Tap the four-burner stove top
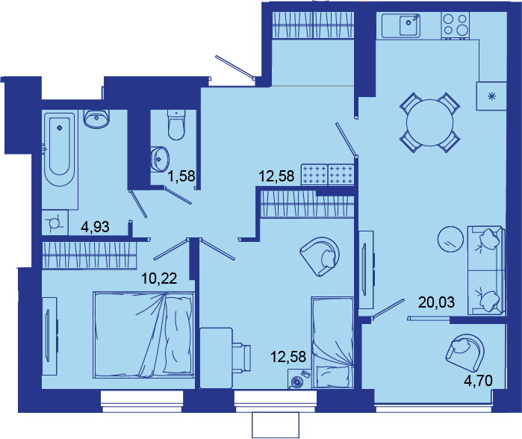pyautogui.click(x=456, y=25)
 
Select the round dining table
pyautogui.click(x=430, y=122)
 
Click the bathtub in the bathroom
pyautogui.click(x=60, y=150)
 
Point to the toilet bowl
pyautogui.click(x=176, y=125)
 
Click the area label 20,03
pyautogui.click(x=436, y=302)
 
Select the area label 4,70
pyautogui.click(x=478, y=381)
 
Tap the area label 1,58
pyautogui.click(x=181, y=175)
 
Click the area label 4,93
pyautogui.click(x=95, y=227)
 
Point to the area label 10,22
pyautogui.click(x=159, y=278)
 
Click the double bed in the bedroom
pyautogui.click(x=144, y=335)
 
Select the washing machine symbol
pyautogui.click(x=55, y=222)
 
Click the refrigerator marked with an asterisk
pyautogui.click(x=491, y=96)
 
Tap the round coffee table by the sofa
pyautogui.click(x=450, y=240)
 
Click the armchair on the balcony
pyautogui.click(x=465, y=352)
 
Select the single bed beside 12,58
pyautogui.click(x=332, y=343)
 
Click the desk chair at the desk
pyautogui.click(x=241, y=356)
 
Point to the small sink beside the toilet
pyautogui.click(x=160, y=159)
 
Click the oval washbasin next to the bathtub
pyautogui.click(x=96, y=119)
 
